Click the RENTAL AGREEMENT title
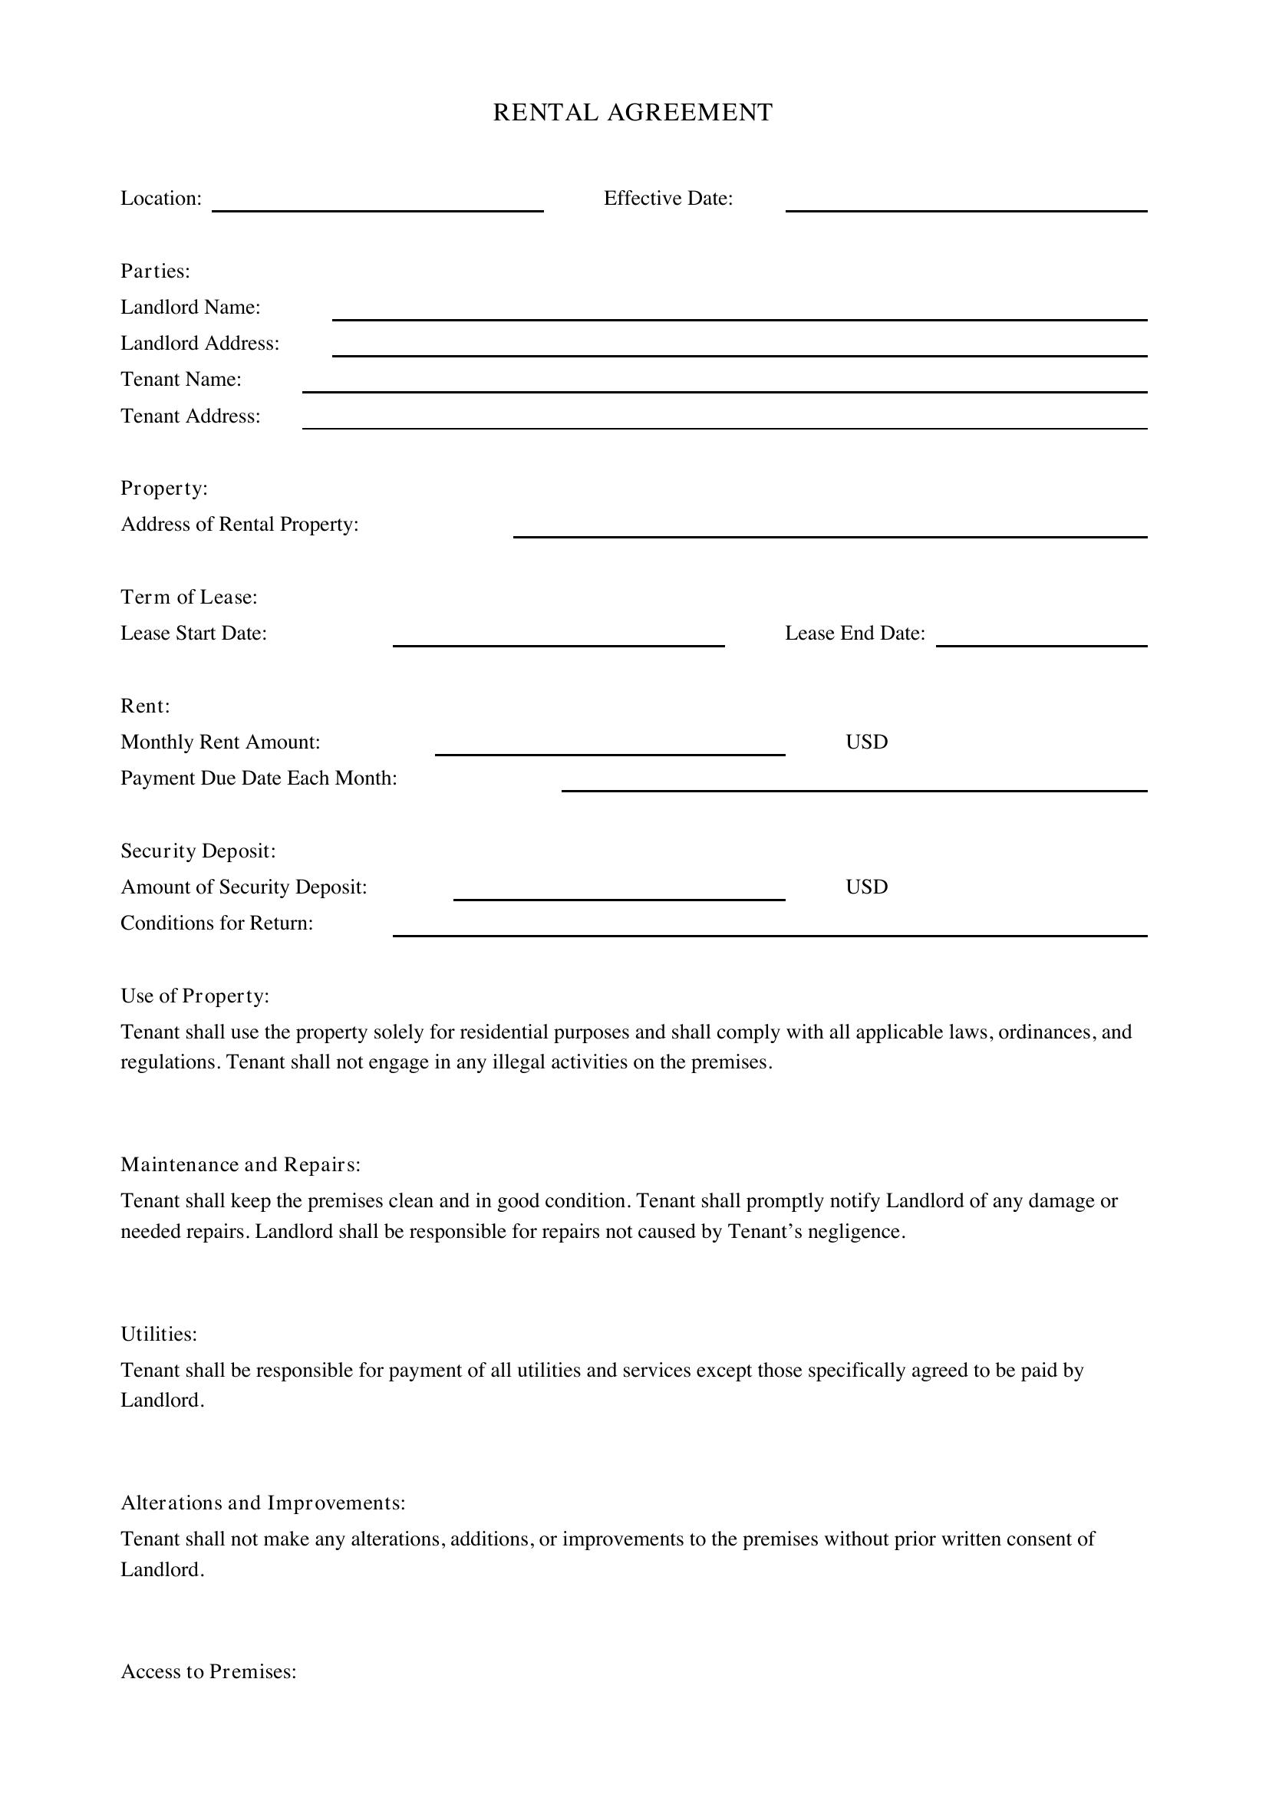(633, 113)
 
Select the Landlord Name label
(191, 307)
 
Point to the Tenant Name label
(181, 379)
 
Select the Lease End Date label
(855, 633)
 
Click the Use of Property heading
(195, 996)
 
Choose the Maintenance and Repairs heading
(241, 1164)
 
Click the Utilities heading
(159, 1334)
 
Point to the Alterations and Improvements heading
(263, 1503)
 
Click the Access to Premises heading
(209, 1671)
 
